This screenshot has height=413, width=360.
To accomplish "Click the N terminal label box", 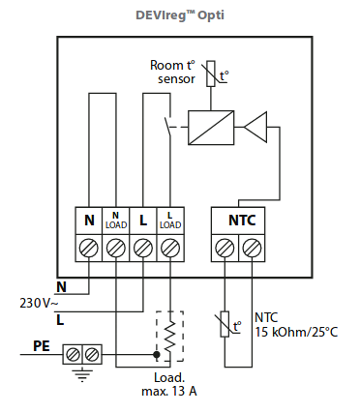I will point(89,221).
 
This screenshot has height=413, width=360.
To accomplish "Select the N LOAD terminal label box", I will point(116,221).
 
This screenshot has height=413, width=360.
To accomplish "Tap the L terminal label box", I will point(143,221).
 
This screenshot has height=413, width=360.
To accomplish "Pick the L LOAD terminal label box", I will point(169,221).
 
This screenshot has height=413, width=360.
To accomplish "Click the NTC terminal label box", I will point(241,221).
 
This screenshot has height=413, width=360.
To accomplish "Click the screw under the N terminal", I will point(89,248).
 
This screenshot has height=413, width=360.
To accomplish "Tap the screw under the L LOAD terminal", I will point(169,248).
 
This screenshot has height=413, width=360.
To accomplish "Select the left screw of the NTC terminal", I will point(227,248).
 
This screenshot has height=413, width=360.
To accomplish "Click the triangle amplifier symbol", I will point(256,125).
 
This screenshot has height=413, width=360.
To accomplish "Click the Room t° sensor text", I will point(172,71).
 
